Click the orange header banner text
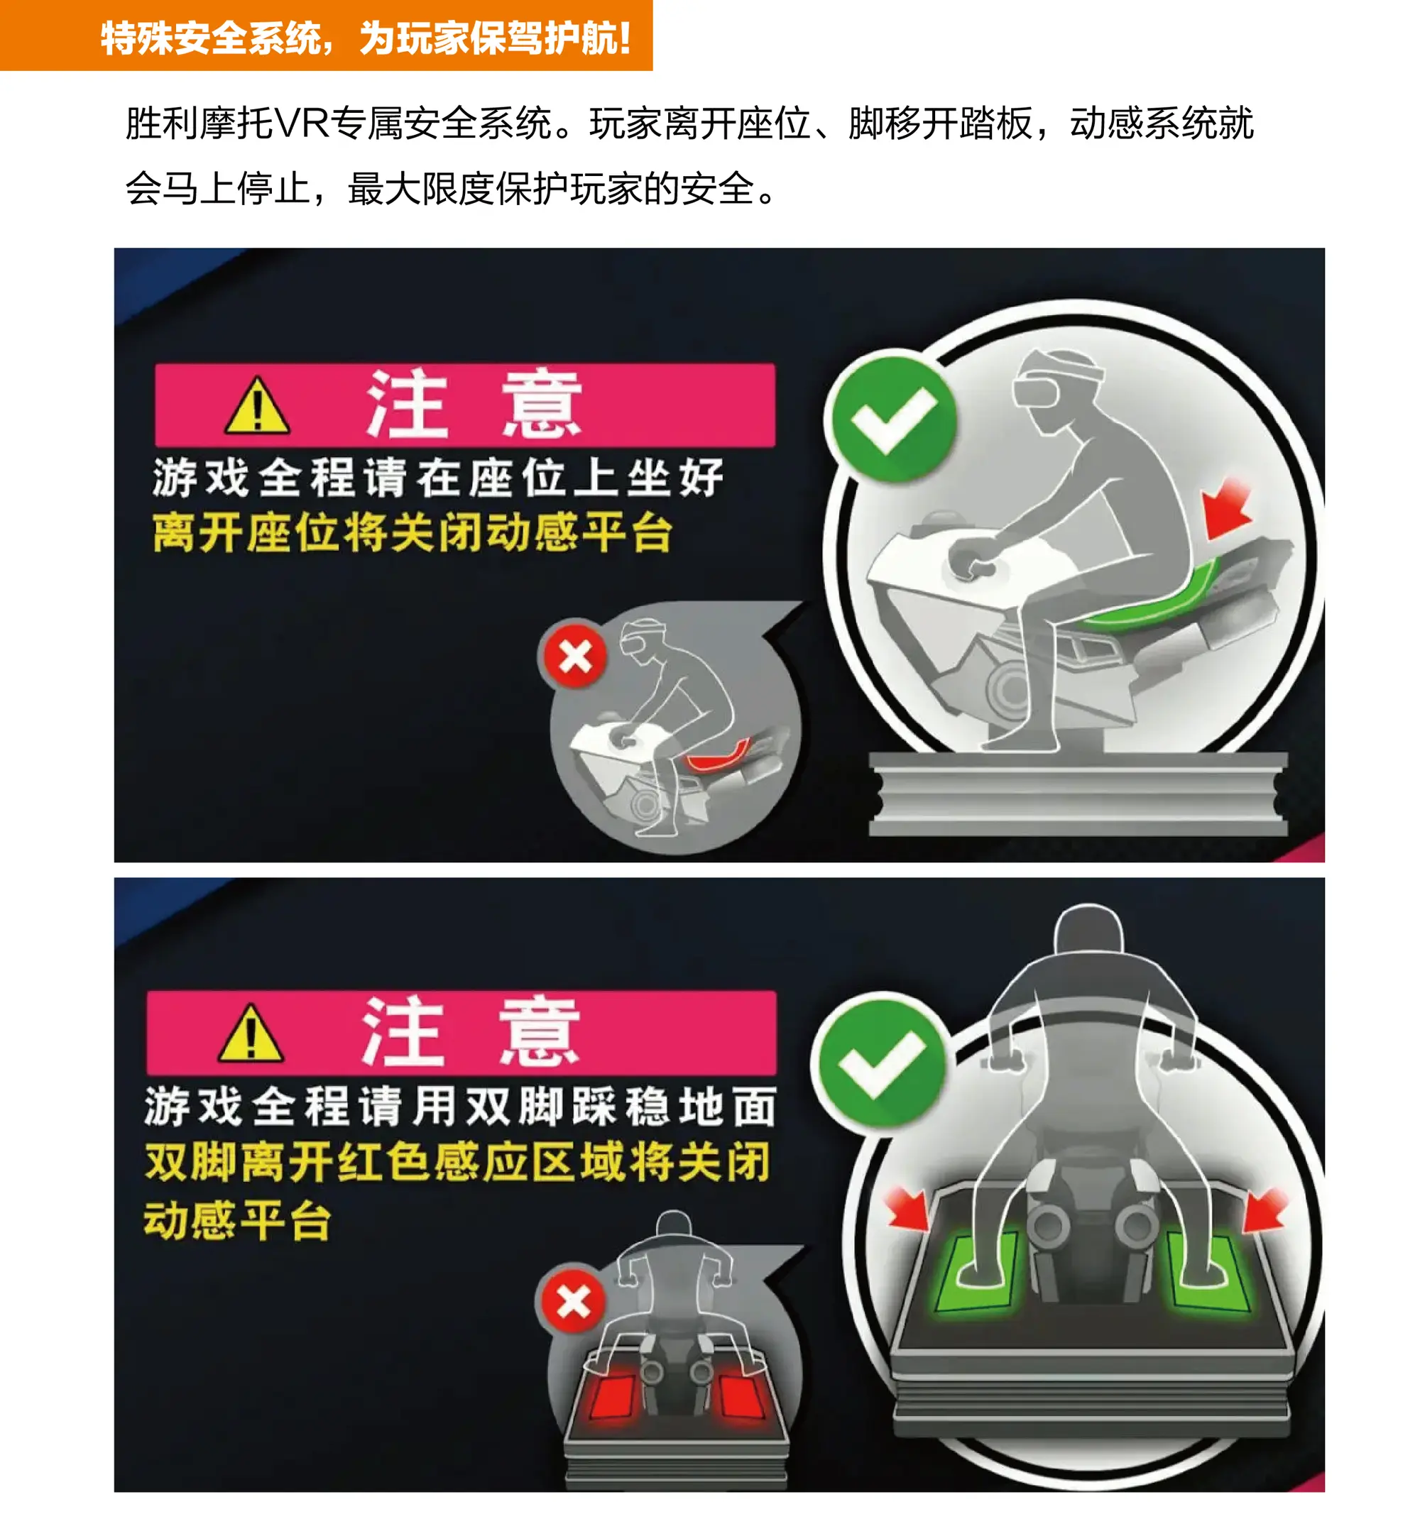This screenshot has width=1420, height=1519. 366,37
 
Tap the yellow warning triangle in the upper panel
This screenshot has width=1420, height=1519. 258,407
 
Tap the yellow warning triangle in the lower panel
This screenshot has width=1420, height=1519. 251,1035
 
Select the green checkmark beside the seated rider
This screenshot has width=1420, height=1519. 893,417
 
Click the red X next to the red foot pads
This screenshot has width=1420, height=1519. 573,1302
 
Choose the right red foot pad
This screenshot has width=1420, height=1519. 739,1397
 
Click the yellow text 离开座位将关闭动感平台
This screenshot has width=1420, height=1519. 413,532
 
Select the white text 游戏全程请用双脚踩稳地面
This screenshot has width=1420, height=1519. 461,1106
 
